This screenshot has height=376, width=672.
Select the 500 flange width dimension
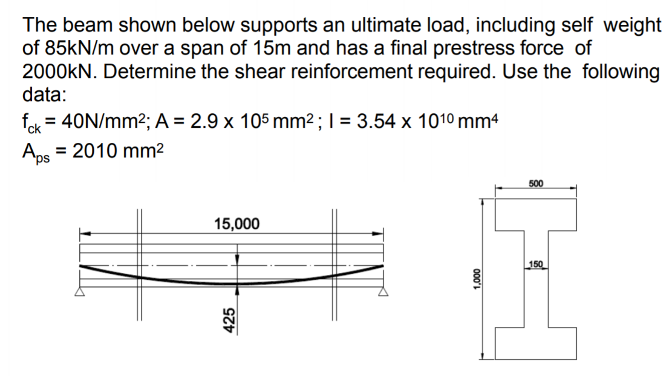pos(536,183)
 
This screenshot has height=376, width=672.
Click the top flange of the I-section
pos(536,216)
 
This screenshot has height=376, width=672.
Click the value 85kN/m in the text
pos(70,48)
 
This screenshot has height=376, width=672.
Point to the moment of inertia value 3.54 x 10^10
pos(413,119)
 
